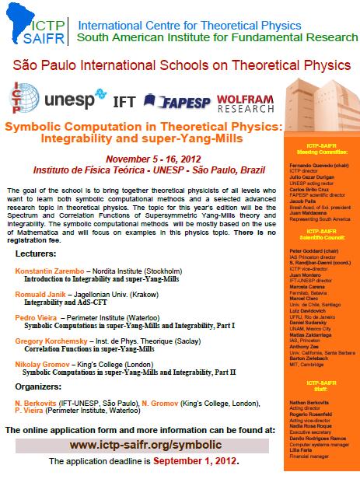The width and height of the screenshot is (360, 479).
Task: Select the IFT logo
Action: click(124, 101)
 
